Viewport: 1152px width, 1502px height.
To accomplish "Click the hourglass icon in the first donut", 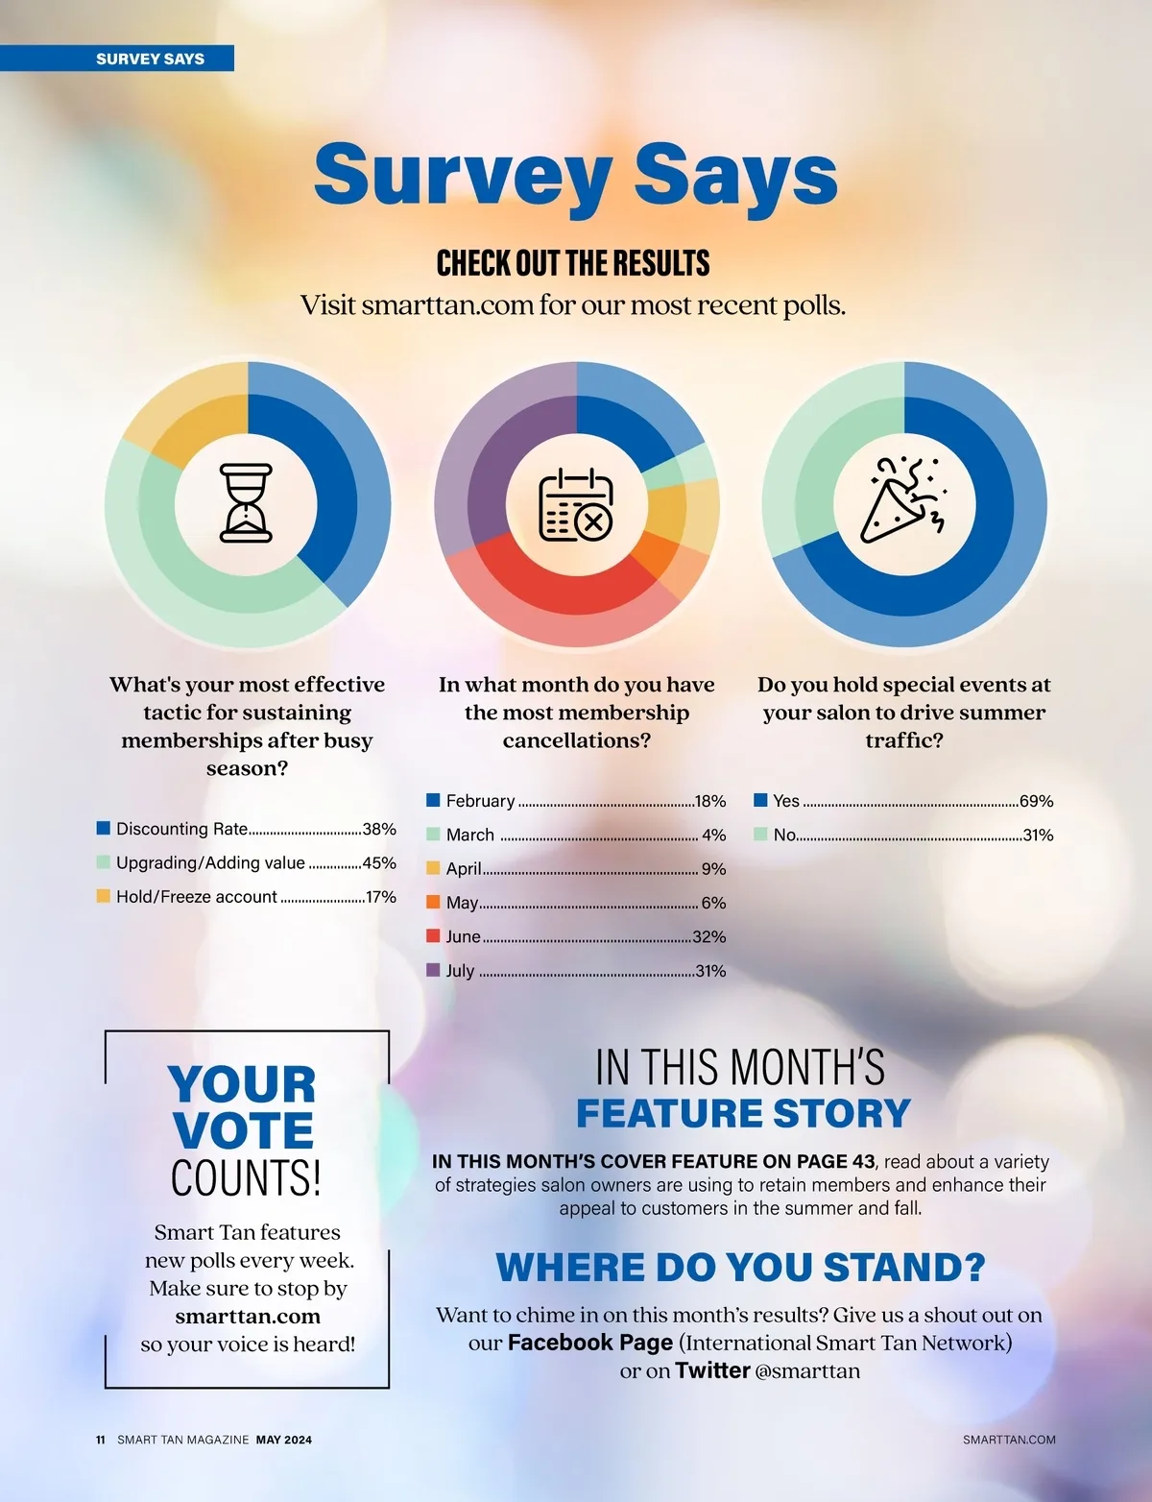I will (x=247, y=503).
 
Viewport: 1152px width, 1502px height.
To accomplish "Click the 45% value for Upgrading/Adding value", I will (x=379, y=863).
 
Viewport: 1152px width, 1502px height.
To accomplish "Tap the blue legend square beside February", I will (x=433, y=800).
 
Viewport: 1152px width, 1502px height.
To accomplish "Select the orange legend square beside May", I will (x=433, y=902).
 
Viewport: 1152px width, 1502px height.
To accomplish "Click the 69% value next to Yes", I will (x=1036, y=801).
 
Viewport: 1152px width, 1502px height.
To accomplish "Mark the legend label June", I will (x=463, y=936).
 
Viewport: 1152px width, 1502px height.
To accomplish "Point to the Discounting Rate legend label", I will (x=181, y=829).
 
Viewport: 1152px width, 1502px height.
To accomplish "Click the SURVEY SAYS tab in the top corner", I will (x=150, y=59).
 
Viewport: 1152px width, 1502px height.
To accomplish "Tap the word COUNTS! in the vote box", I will (x=246, y=1178).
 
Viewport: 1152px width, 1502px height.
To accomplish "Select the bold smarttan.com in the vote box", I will (x=248, y=1316).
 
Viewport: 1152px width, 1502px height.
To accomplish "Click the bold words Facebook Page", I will (x=589, y=1343).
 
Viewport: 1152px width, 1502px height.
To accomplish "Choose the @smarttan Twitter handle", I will (x=807, y=1370).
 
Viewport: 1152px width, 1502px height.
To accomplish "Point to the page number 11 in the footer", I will (x=101, y=1440).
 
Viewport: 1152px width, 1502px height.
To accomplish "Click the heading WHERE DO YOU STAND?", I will (x=740, y=1268).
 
